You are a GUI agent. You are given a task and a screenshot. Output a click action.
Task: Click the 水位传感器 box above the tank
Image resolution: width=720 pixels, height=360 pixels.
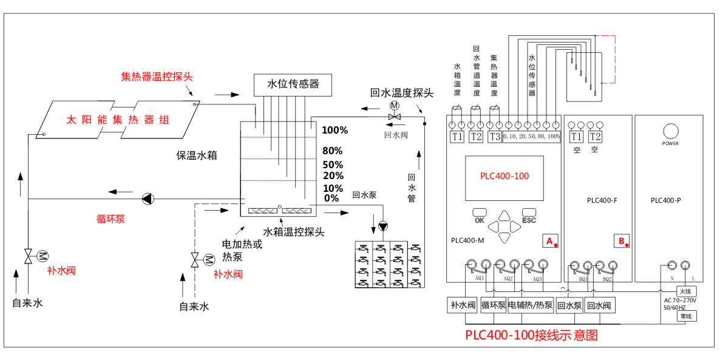(293, 84)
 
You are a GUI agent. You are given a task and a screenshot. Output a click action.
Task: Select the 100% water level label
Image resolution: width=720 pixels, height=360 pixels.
(335, 131)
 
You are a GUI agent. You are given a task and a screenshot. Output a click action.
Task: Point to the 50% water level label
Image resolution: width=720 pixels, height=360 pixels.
(332, 165)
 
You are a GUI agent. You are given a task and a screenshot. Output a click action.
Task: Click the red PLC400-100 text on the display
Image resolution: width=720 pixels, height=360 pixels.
(504, 177)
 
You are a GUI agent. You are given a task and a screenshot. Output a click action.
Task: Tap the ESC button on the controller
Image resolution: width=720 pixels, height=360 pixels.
(529, 216)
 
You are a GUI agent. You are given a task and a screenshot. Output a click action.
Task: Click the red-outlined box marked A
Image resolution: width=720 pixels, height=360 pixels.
(551, 241)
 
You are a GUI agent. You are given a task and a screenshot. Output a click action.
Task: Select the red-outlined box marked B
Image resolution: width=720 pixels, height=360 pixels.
(622, 241)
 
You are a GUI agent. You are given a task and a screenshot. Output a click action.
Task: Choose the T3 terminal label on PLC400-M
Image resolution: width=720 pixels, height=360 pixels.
(494, 137)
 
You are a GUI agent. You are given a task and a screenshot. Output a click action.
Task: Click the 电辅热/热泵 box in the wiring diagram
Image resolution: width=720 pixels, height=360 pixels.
(531, 305)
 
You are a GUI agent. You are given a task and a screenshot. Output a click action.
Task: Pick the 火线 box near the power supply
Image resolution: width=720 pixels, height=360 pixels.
(685, 291)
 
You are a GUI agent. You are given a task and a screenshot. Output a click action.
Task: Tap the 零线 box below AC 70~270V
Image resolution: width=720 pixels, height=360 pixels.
(685, 316)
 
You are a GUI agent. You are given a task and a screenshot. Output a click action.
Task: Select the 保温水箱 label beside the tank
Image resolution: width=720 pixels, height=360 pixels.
(197, 156)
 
